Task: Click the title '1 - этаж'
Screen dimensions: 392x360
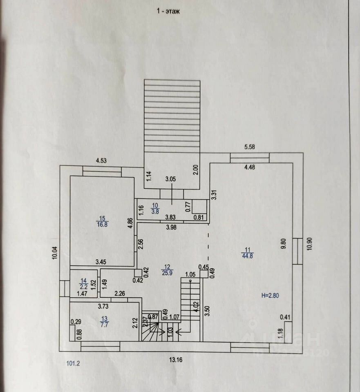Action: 168,11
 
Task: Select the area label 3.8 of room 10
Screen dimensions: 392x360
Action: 155,211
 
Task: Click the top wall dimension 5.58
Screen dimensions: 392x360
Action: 249,147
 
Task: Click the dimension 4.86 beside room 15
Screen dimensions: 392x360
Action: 130,224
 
